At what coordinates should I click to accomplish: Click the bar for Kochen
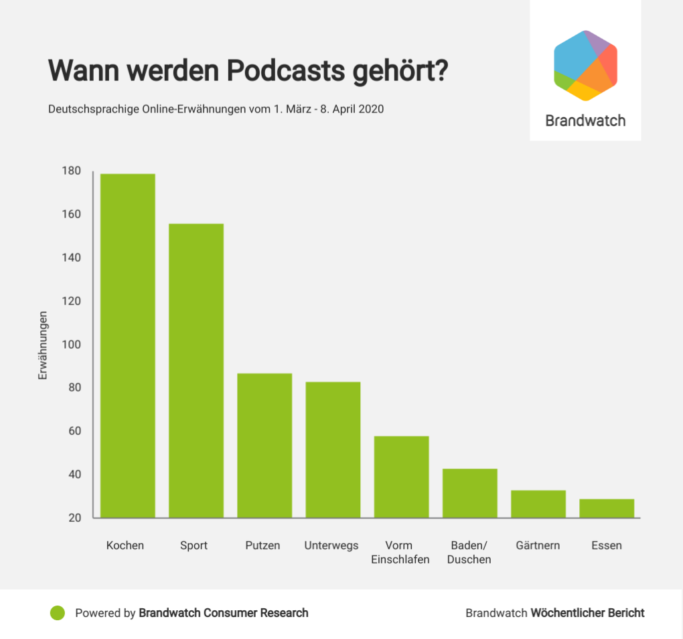[127, 345]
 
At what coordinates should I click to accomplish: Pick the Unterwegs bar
[333, 450]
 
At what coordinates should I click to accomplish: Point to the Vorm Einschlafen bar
[401, 476]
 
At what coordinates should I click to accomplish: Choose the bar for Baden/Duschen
[469, 493]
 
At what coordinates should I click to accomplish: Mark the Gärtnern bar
[538, 504]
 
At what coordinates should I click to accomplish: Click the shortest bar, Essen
[607, 509]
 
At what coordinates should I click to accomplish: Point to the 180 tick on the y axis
[72, 171]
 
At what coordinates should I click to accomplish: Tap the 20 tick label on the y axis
[74, 518]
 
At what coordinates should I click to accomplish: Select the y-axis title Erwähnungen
[43, 345]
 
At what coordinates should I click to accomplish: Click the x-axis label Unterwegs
[331, 545]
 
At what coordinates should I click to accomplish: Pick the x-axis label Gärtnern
[538, 545]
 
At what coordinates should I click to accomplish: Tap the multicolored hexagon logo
[585, 66]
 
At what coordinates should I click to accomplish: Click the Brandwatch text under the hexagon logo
[585, 121]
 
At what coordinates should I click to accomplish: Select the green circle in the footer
[58, 613]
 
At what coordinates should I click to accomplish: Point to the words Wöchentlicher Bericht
[587, 613]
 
